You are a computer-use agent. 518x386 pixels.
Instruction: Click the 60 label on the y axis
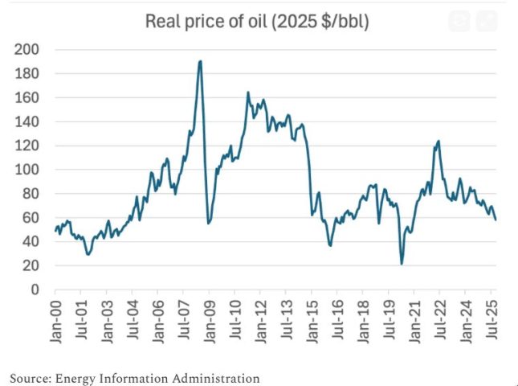30,218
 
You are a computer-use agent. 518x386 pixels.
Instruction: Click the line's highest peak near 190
200,61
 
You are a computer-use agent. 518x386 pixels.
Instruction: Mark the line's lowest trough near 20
402,263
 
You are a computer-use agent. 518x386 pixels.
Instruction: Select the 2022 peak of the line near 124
438,142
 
